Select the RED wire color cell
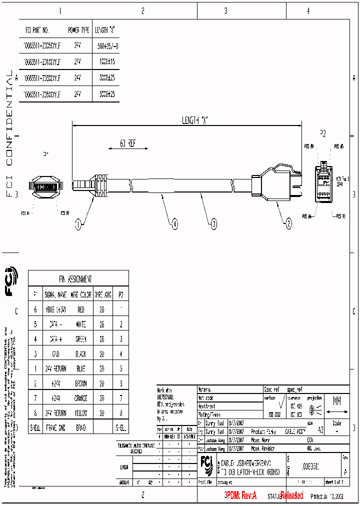pos(81,310)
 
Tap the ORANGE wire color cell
pos(81,398)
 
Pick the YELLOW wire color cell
pos(81,413)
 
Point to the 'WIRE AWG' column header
pos(103,295)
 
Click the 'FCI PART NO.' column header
pos(36,30)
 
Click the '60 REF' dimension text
pos(128,143)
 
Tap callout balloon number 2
pos(288,225)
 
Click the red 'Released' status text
pos(291,495)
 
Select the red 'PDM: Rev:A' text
pos(241,495)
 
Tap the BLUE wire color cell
pos(81,369)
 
